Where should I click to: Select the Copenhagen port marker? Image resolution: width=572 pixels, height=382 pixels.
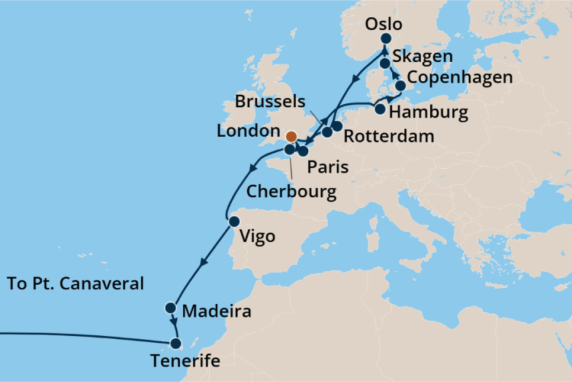[400, 86]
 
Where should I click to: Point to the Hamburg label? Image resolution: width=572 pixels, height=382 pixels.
[428, 111]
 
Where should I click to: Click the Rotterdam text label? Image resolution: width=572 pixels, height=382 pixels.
[389, 137]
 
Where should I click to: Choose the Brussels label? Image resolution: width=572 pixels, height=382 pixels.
[270, 103]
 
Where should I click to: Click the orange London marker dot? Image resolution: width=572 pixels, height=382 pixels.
[291, 136]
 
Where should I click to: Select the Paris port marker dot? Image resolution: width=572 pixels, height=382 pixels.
[303, 151]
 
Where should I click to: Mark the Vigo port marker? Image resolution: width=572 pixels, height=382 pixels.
[234, 221]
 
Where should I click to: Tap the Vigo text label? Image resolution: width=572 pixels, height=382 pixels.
[256, 236]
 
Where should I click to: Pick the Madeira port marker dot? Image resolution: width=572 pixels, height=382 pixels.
[170, 308]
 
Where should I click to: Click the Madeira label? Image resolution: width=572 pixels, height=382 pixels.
[216, 311]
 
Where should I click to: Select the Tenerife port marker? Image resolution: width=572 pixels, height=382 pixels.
[176, 344]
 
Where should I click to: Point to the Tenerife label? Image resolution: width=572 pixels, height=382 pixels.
[184, 362]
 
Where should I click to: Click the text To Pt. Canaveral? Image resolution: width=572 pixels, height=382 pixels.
[75, 283]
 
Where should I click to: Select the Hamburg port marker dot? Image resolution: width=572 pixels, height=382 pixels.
[380, 109]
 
